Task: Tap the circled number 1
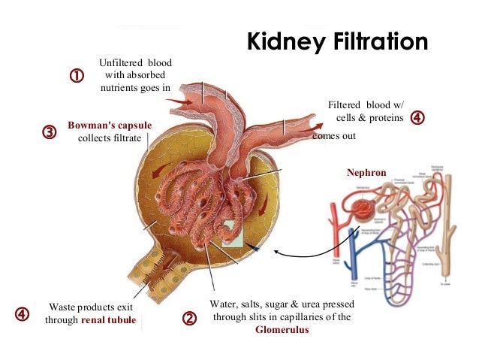pos(76,76)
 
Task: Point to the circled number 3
pos(49,132)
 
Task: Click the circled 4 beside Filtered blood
pos(417,118)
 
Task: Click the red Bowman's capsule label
pos(110,125)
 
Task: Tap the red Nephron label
pos(366,173)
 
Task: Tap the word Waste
pos(63,307)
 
